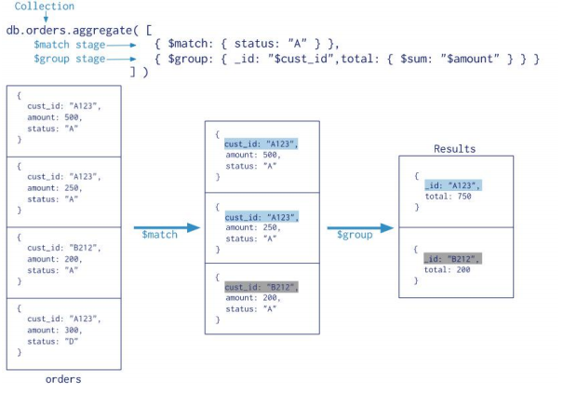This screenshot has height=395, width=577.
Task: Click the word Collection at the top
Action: tap(44, 7)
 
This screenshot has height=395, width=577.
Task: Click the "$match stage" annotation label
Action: tap(68, 44)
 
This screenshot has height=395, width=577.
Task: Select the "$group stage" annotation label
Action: tap(68, 59)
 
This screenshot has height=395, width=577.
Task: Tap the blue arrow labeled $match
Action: tap(166, 227)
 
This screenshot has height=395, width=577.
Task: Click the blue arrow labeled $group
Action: tap(359, 227)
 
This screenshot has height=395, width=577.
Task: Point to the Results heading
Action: tap(454, 149)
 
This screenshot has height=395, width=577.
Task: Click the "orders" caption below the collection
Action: tap(63, 379)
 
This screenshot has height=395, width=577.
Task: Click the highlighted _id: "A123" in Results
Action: tap(452, 185)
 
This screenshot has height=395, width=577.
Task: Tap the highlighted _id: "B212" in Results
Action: tap(452, 258)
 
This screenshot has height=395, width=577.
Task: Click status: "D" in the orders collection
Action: tap(53, 342)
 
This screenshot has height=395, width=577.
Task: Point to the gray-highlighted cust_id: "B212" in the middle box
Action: tap(262, 287)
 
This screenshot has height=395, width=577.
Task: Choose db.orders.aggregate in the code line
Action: tap(70, 30)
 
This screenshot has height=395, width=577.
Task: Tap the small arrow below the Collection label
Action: tap(45, 18)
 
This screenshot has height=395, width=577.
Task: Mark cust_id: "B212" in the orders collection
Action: tap(63, 248)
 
